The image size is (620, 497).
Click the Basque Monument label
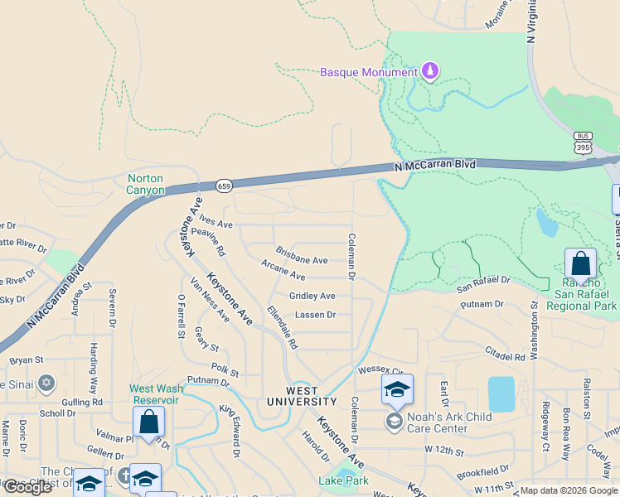click(x=369, y=72)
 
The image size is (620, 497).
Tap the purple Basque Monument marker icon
click(x=429, y=72)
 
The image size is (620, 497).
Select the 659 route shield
click(x=224, y=186)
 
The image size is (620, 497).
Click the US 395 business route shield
click(x=583, y=142)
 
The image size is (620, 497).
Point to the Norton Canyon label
click(x=145, y=184)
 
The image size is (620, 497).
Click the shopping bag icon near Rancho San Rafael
click(x=581, y=264)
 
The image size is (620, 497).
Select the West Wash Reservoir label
click(x=155, y=394)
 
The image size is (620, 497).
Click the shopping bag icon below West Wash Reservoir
click(x=149, y=422)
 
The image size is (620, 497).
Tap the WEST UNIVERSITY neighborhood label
click(x=302, y=396)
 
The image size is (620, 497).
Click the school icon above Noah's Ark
click(x=397, y=389)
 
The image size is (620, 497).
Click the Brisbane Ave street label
click(x=302, y=260)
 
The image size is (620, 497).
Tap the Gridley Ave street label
click(x=312, y=296)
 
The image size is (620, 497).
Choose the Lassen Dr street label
click(x=315, y=315)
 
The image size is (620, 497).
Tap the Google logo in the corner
click(x=28, y=487)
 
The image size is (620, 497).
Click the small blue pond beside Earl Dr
click(x=501, y=393)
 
